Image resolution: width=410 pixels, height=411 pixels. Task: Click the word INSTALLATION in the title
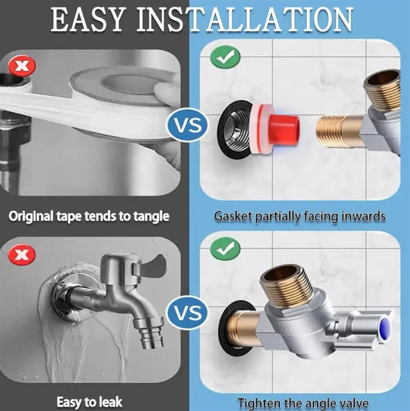coord(245,20)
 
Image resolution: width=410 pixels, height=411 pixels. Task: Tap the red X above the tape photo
coord(22,65)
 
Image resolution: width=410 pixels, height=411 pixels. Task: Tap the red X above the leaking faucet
coord(22,255)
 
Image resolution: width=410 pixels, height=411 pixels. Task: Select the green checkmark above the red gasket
coord(225,57)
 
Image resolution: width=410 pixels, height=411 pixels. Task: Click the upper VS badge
coord(188,125)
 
